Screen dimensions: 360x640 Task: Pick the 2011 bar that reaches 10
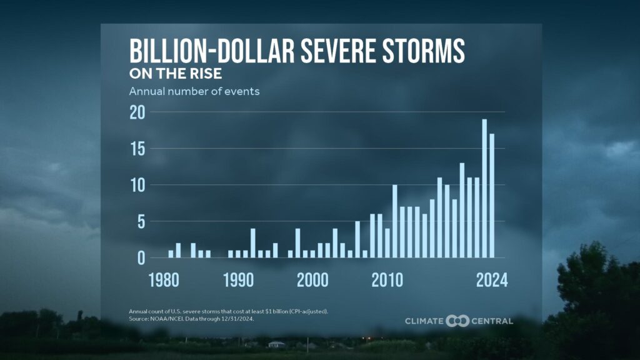click(395, 221)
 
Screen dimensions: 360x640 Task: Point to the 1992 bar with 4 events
click(253, 243)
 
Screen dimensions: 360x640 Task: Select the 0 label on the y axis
click(141, 257)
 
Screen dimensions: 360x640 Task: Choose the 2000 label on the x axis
click(312, 279)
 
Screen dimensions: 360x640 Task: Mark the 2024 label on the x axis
click(491, 279)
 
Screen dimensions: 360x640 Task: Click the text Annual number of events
click(194, 91)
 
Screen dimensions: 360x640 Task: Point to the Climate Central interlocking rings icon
click(457, 321)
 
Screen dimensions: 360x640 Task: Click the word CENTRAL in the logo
click(492, 321)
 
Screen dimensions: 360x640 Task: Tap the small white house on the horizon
click(276, 344)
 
